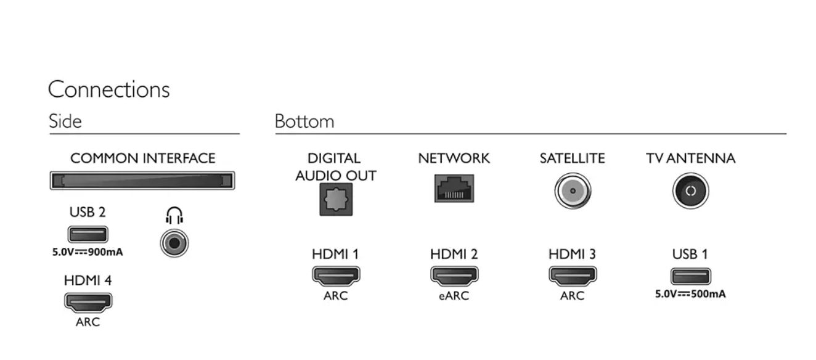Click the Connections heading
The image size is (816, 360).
click(x=108, y=89)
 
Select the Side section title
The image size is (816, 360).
click(x=65, y=121)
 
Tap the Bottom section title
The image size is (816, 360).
click(x=304, y=121)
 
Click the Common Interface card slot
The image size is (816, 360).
click(x=142, y=181)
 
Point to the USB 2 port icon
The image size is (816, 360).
click(x=88, y=235)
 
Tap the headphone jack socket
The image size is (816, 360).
click(x=174, y=243)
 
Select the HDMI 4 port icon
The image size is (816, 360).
click(x=88, y=302)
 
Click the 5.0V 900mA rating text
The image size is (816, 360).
click(x=88, y=252)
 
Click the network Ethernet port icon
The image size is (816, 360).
click(x=454, y=188)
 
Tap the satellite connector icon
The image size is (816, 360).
click(x=573, y=191)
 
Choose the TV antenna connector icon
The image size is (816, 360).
click(x=690, y=191)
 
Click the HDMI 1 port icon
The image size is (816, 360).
click(x=335, y=276)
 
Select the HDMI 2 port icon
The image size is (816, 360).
click(x=454, y=276)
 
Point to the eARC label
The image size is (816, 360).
click(x=454, y=296)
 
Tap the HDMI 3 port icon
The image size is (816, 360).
click(x=572, y=276)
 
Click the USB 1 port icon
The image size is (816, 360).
click(x=690, y=276)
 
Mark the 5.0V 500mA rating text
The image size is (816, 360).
click(x=690, y=293)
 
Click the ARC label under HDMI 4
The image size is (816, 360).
click(x=88, y=322)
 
